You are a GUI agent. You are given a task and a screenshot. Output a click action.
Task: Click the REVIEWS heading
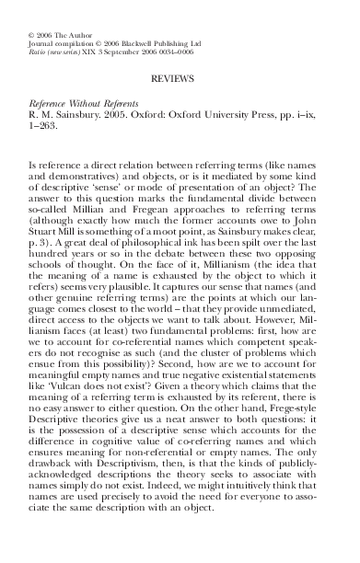click(x=180, y=82)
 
